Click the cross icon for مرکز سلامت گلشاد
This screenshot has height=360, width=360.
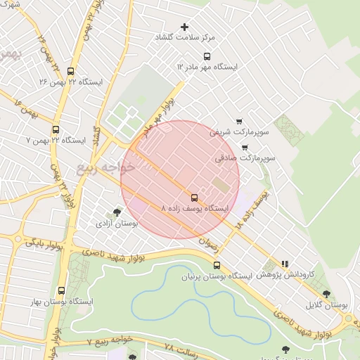(186, 26)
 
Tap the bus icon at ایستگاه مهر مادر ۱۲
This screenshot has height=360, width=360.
(206, 56)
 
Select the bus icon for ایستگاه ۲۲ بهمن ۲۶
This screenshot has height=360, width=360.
(70, 71)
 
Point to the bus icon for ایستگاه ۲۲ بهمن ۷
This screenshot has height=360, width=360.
(56, 129)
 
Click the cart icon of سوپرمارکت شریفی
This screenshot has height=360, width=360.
(240, 121)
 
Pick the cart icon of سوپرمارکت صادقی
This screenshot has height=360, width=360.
(244, 148)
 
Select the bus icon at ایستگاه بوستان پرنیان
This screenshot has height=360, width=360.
(217, 266)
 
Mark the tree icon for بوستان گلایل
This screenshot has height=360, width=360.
(326, 294)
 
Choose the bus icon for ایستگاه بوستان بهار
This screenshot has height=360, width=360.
(61, 290)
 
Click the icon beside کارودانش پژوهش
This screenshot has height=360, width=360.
(284, 264)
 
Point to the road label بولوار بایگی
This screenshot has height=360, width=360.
(45, 245)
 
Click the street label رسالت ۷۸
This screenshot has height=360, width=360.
(178, 348)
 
